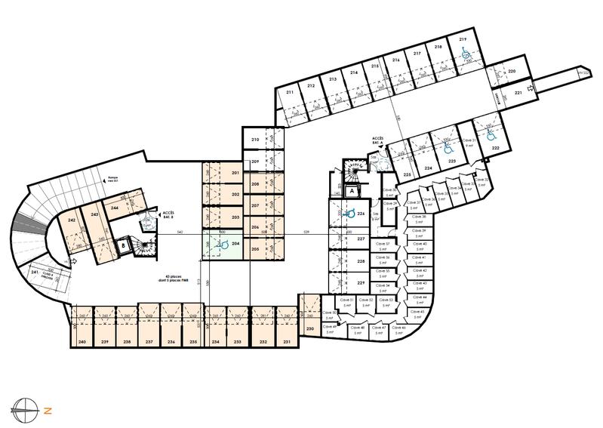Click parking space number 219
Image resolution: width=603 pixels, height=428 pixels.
(x=462, y=40)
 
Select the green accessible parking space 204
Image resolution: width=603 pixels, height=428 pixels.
(x=223, y=244)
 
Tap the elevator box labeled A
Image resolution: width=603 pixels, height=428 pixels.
(x=352, y=192)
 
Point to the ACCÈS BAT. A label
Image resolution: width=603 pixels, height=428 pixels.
(x=379, y=140)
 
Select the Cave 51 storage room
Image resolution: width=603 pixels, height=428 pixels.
(x=347, y=302)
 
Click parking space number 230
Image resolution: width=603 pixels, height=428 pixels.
(x=309, y=329)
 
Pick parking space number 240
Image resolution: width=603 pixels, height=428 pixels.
(x=82, y=342)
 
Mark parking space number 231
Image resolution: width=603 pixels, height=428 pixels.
(x=287, y=342)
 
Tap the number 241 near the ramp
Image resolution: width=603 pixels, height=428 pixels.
(x=35, y=273)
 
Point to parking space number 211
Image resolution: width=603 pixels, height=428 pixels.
(x=290, y=92)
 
